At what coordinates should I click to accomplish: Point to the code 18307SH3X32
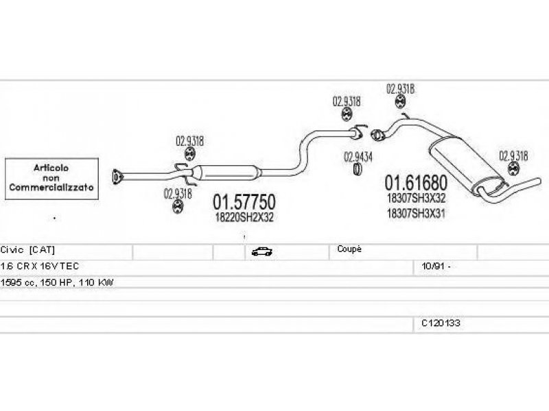417,198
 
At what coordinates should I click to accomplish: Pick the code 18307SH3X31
417,212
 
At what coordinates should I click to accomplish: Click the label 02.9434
358,157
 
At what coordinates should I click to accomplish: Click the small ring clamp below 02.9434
358,169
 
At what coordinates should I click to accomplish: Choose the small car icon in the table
261,251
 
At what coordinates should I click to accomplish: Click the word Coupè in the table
349,249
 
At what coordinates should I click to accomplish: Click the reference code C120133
441,323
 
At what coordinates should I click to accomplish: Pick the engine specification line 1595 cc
57,282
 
